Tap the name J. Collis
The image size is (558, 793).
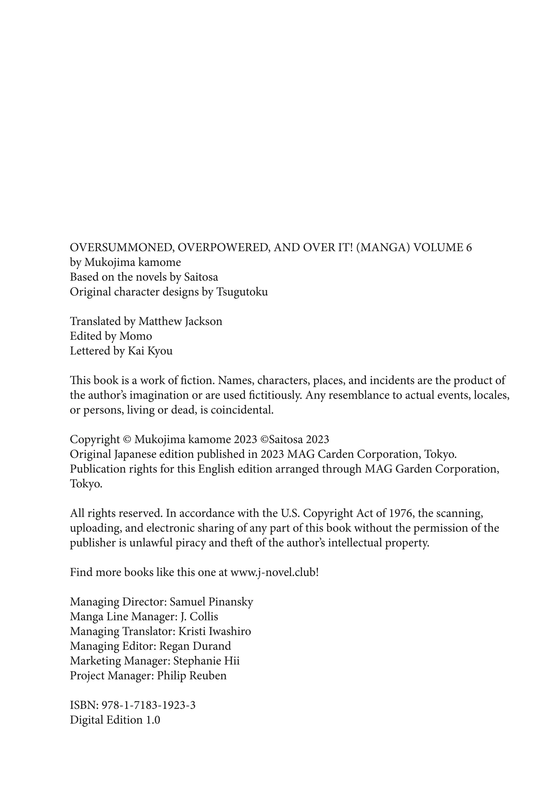199,617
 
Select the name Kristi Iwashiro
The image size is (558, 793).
214,631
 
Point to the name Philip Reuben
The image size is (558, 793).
192,676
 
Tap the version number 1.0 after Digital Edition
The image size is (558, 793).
153,720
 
